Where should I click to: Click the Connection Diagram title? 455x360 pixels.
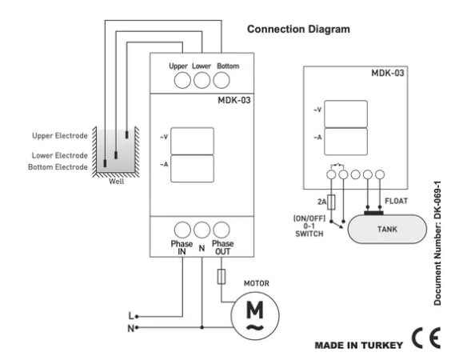298,30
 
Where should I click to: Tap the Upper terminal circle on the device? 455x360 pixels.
182,80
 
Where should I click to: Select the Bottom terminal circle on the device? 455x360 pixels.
222,80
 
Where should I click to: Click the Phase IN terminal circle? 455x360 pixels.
182,230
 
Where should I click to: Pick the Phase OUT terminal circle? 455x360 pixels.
222,230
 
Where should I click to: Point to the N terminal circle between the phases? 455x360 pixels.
202,230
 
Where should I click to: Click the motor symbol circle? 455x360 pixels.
255,315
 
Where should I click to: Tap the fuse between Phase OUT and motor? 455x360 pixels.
222,276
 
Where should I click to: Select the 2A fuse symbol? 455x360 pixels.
331,202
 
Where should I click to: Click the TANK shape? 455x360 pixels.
387,229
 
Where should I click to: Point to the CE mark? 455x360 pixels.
426,338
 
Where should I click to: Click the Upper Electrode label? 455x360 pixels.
60,135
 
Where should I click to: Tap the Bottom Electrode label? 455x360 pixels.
58,167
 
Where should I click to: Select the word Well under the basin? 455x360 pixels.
117,182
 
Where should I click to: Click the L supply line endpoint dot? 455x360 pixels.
137,317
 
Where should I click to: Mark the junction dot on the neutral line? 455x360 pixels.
202,327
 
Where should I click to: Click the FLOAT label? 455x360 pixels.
396,201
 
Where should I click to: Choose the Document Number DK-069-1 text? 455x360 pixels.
437,243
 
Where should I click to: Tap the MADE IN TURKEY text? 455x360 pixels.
359,345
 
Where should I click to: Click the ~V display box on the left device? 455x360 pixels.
192,141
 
